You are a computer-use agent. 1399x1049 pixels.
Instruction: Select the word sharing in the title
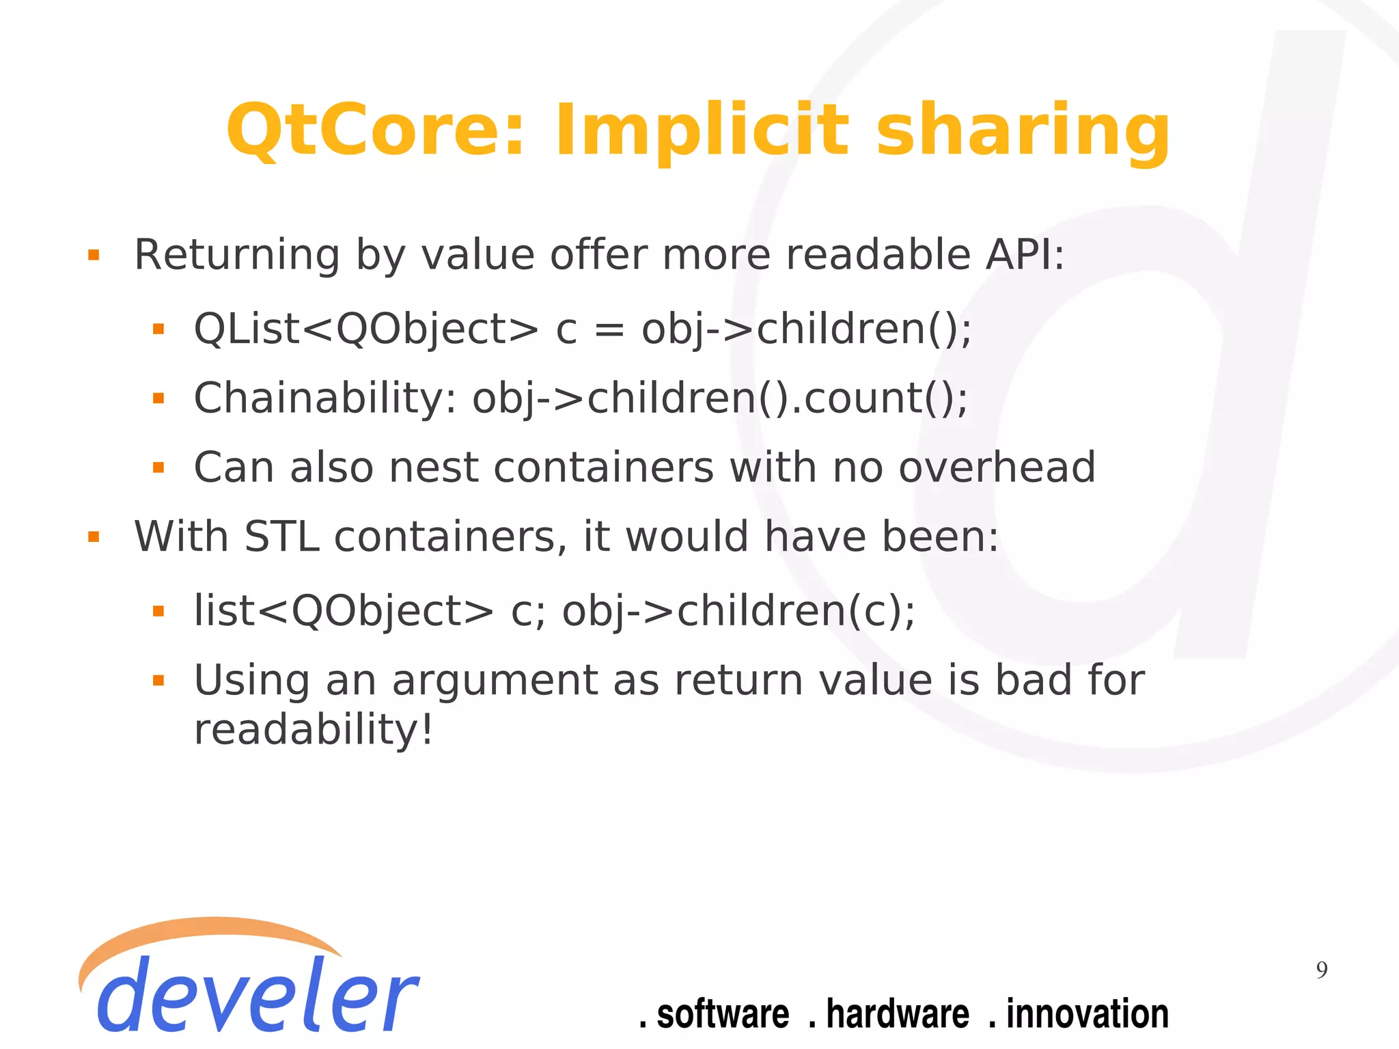click(1023, 131)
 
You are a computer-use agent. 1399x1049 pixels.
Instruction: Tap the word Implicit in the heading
click(702, 131)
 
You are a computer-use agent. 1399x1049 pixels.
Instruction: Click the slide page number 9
click(1322, 970)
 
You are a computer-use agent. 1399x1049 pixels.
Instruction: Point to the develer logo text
click(256, 994)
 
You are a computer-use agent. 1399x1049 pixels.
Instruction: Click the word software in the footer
click(722, 1014)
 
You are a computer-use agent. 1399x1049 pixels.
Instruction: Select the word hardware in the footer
click(897, 1014)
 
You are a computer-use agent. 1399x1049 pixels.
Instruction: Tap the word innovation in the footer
click(1087, 1014)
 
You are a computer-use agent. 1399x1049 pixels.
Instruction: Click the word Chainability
click(324, 398)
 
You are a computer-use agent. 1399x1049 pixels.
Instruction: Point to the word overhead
click(997, 468)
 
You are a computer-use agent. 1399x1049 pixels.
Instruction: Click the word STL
click(281, 537)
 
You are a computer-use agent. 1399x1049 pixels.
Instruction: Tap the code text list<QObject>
click(344, 611)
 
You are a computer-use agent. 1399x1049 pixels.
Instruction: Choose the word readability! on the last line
click(314, 729)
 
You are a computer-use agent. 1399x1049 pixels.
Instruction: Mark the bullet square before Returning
click(94, 256)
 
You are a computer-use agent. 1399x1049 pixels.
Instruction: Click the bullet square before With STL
click(94, 538)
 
